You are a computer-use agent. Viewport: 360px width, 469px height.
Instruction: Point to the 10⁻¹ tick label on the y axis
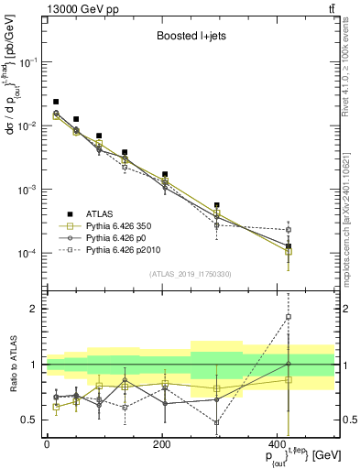pos(30,62)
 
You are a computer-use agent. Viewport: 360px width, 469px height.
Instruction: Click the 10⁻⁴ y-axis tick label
pos(30,254)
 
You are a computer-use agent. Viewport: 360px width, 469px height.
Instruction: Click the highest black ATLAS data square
pos(56,102)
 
